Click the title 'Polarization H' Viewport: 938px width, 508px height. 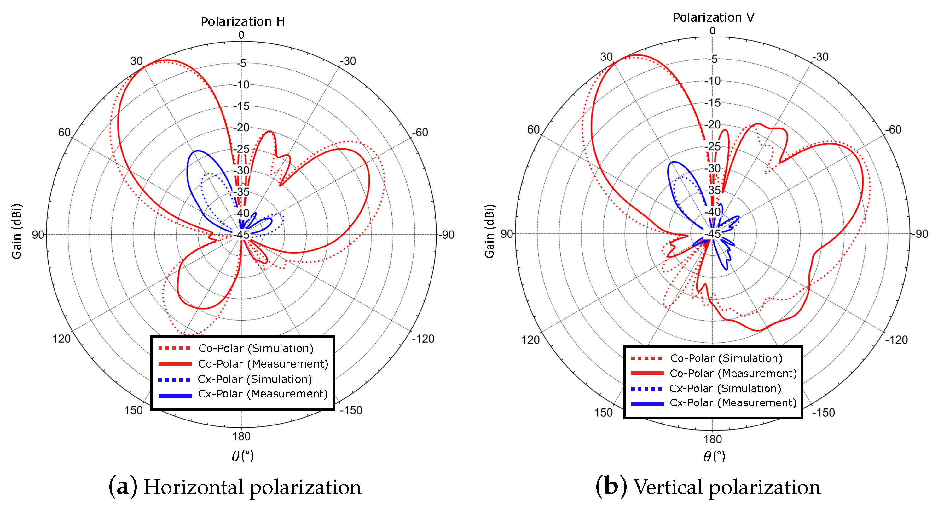(242, 21)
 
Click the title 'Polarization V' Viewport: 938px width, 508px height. (713, 17)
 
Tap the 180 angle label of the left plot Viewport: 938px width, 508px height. (241, 436)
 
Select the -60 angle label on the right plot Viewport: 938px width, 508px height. (894, 129)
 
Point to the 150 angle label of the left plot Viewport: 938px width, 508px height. (134, 410)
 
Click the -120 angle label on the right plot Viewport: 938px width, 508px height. (896, 340)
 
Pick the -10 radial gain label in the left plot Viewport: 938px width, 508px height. (241, 85)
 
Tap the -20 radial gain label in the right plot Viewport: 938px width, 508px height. (713, 125)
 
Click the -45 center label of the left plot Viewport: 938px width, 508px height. (241, 235)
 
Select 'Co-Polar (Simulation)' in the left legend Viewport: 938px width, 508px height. (256, 348)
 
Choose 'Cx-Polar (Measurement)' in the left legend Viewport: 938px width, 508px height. (263, 394)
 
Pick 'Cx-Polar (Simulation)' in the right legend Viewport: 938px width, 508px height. (725, 388)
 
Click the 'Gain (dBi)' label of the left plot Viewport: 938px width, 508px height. (17, 231)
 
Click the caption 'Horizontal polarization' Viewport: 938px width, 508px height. (252, 487)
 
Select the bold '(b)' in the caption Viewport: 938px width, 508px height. (611, 487)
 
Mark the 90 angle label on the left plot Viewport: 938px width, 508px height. (38, 235)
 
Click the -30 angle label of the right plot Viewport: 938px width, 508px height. (820, 57)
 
